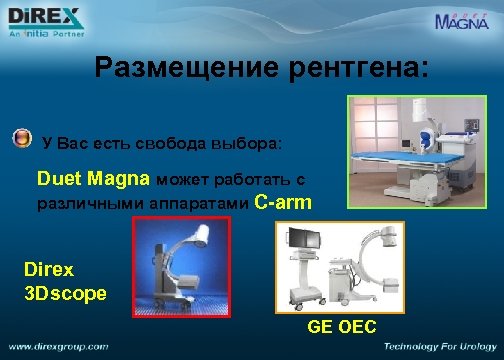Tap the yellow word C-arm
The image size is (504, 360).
point(283,202)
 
